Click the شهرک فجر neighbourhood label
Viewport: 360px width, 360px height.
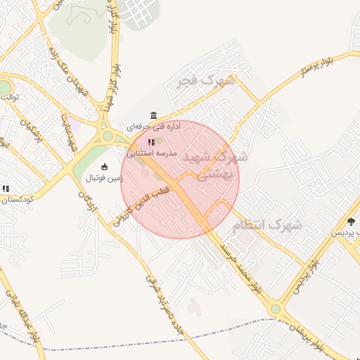(x=206, y=81)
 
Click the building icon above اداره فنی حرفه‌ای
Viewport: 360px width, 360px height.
(x=153, y=115)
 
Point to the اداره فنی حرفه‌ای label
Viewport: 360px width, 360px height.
(x=153, y=127)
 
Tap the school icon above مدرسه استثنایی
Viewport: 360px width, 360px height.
(x=151, y=142)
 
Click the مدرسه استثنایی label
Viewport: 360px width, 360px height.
(x=151, y=153)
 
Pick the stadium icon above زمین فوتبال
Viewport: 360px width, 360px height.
(x=104, y=167)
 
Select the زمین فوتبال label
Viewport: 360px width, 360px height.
(x=104, y=178)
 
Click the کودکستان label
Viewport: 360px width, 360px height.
(x=13, y=199)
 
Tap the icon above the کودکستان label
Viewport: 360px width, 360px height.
(x=6, y=188)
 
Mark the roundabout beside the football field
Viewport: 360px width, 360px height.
(x=107, y=136)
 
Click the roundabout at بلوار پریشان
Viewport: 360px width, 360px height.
(x=276, y=309)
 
